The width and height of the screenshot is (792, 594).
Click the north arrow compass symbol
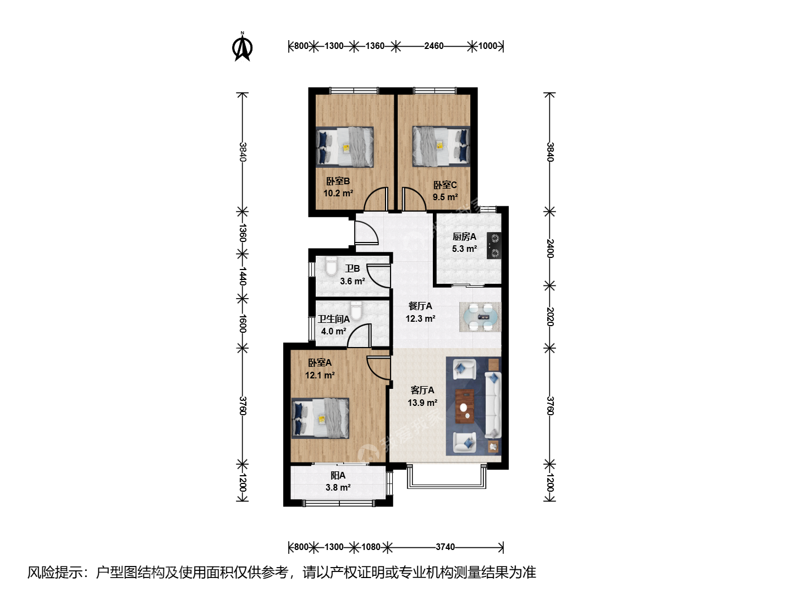(242, 47)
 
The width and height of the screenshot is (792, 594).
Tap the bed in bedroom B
(345, 147)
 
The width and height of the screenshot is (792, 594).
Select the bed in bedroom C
(441, 146)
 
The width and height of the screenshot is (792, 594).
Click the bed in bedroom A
(320, 419)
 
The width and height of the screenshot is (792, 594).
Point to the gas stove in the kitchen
(494, 246)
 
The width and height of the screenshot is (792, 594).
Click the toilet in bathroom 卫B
(331, 266)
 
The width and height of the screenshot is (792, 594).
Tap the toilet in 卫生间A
(356, 311)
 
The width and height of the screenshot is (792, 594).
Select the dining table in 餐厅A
(480, 317)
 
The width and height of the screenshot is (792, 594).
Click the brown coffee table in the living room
(465, 406)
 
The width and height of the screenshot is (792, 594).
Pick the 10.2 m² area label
(338, 193)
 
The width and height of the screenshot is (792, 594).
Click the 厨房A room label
(464, 237)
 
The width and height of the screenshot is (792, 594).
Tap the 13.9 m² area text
(422, 403)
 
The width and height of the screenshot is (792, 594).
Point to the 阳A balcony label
(338, 475)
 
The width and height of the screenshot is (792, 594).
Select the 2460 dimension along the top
(434, 46)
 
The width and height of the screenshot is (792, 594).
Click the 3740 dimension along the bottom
(445, 547)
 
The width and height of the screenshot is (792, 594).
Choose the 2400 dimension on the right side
(549, 249)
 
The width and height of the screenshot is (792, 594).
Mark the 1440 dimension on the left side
(243, 276)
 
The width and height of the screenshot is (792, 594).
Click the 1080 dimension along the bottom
(371, 547)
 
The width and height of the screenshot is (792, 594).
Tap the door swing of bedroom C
(414, 199)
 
